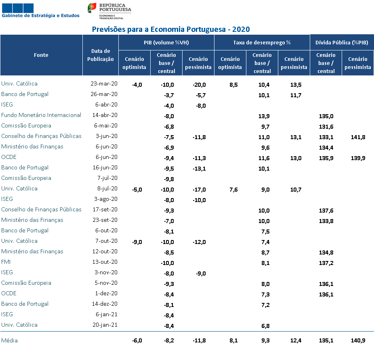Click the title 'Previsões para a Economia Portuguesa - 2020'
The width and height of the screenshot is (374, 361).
tap(171, 29)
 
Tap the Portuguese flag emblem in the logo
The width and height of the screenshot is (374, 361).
tap(92, 8)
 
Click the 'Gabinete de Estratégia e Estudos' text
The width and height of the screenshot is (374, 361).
tap(40, 15)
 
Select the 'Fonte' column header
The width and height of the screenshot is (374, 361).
tap(41, 55)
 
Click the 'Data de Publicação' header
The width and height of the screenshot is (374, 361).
tap(101, 55)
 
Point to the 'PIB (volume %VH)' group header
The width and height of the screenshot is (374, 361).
tap(166, 42)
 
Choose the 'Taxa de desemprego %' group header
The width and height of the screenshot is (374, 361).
tap(262, 42)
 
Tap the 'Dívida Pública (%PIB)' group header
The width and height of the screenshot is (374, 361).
tap(342, 42)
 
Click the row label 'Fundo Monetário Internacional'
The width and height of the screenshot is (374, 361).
tap(41, 115)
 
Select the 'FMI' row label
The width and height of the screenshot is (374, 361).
tap(6, 262)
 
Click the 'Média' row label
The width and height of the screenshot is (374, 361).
tap(9, 340)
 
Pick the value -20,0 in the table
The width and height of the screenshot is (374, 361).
tap(199, 85)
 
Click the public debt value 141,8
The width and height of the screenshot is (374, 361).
tap(358, 137)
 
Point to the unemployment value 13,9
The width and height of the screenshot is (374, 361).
tap(264, 116)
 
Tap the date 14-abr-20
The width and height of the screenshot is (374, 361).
tap(105, 115)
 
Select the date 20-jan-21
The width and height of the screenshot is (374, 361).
tap(105, 325)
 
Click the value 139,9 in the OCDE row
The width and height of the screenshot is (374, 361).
tap(358, 158)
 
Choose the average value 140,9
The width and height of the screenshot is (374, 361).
tap(358, 340)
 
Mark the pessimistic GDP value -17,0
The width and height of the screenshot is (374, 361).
tap(199, 190)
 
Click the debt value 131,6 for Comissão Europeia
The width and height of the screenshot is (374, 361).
tap(326, 127)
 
